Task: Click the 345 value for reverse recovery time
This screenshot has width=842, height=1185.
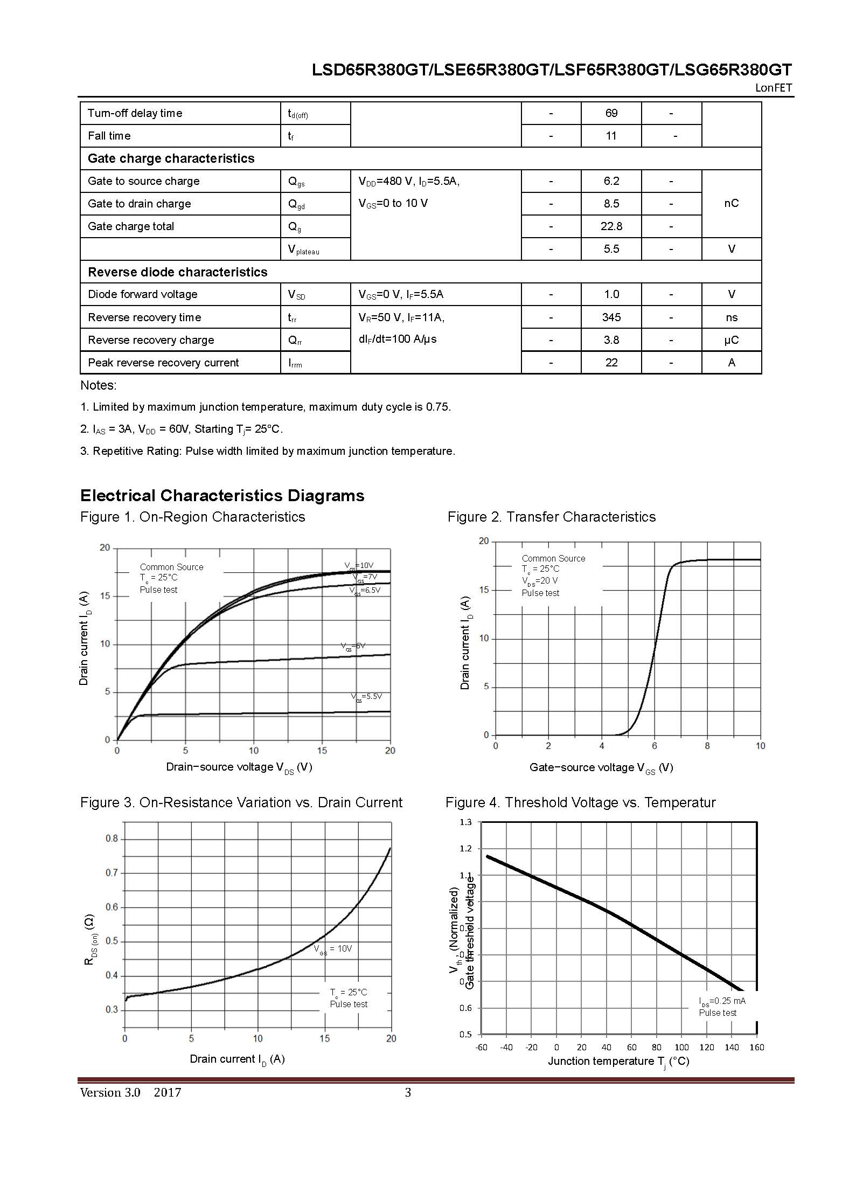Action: click(611, 317)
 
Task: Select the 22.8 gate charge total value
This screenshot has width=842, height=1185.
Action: click(611, 226)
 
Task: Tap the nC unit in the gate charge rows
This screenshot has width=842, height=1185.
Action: click(731, 203)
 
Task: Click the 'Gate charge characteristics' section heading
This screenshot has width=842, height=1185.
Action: click(171, 158)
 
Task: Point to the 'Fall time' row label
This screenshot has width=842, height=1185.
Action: click(109, 136)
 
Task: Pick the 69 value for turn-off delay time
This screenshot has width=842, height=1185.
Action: click(611, 113)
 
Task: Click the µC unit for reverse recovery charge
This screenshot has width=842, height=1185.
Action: click(731, 340)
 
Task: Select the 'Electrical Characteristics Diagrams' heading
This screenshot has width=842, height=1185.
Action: click(222, 496)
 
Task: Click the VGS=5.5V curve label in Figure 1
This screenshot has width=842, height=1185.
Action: click(366, 697)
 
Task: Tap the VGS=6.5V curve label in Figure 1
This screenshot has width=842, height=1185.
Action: click(365, 591)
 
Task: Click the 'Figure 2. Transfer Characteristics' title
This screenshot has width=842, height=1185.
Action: click(552, 517)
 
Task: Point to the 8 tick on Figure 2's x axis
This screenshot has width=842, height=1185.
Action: click(707, 746)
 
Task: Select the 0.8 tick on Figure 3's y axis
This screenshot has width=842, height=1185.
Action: click(112, 838)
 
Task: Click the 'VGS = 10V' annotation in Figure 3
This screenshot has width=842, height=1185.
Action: click(333, 949)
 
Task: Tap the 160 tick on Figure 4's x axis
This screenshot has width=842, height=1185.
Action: click(756, 1047)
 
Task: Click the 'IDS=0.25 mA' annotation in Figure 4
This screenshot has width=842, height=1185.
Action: click(722, 1001)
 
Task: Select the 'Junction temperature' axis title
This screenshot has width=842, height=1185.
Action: click(618, 1062)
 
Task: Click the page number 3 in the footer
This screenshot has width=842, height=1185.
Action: click(408, 1093)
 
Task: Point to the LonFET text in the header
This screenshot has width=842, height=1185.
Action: click(773, 88)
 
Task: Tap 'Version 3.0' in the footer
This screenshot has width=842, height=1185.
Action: click(110, 1093)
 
